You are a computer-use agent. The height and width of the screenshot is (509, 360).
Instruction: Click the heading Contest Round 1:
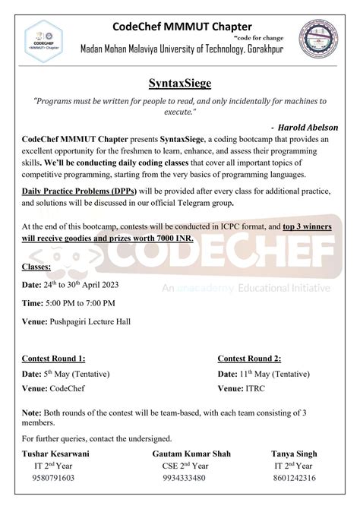coord(53,358)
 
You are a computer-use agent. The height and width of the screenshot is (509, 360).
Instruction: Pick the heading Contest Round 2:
coord(249,358)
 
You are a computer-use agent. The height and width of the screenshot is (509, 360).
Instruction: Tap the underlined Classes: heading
coord(36,267)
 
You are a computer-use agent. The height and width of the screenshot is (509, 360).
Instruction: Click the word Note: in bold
coord(33,413)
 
